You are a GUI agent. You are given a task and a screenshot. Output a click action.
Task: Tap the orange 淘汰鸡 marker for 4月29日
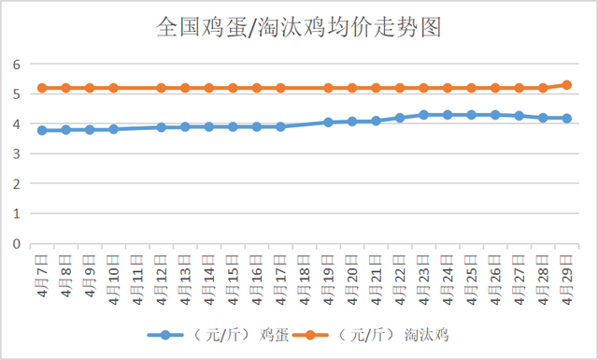[x=566, y=85]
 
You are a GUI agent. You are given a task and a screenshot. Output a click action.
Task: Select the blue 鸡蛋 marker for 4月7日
[x=42, y=130]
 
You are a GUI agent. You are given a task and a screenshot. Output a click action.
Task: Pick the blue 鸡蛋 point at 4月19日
[x=328, y=122]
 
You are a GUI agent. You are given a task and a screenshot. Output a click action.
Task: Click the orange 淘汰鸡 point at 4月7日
[x=42, y=88]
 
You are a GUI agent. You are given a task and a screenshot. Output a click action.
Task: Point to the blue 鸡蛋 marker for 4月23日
[x=423, y=114]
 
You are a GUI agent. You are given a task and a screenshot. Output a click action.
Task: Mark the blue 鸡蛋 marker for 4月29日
[x=566, y=118]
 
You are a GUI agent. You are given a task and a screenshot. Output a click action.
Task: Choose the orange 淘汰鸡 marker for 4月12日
[x=162, y=88]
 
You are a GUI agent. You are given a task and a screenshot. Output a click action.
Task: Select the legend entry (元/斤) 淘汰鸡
[x=392, y=334]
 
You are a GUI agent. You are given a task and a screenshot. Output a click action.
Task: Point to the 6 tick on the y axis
[x=16, y=64]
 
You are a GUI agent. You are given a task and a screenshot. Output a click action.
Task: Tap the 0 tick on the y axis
[x=16, y=243]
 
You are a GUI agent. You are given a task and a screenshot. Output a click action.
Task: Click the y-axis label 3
[x=16, y=153]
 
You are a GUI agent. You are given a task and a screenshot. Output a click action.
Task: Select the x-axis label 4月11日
[x=137, y=276]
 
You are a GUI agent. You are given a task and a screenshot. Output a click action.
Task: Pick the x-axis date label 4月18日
[x=305, y=276]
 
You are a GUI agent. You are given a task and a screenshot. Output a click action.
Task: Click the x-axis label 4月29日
[x=566, y=276]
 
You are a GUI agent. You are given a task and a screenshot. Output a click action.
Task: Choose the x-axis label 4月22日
[x=400, y=276]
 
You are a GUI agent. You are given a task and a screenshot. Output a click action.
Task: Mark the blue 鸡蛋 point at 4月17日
[x=280, y=126]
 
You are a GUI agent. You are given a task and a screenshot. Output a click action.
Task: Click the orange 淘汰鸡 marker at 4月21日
[x=376, y=88]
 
